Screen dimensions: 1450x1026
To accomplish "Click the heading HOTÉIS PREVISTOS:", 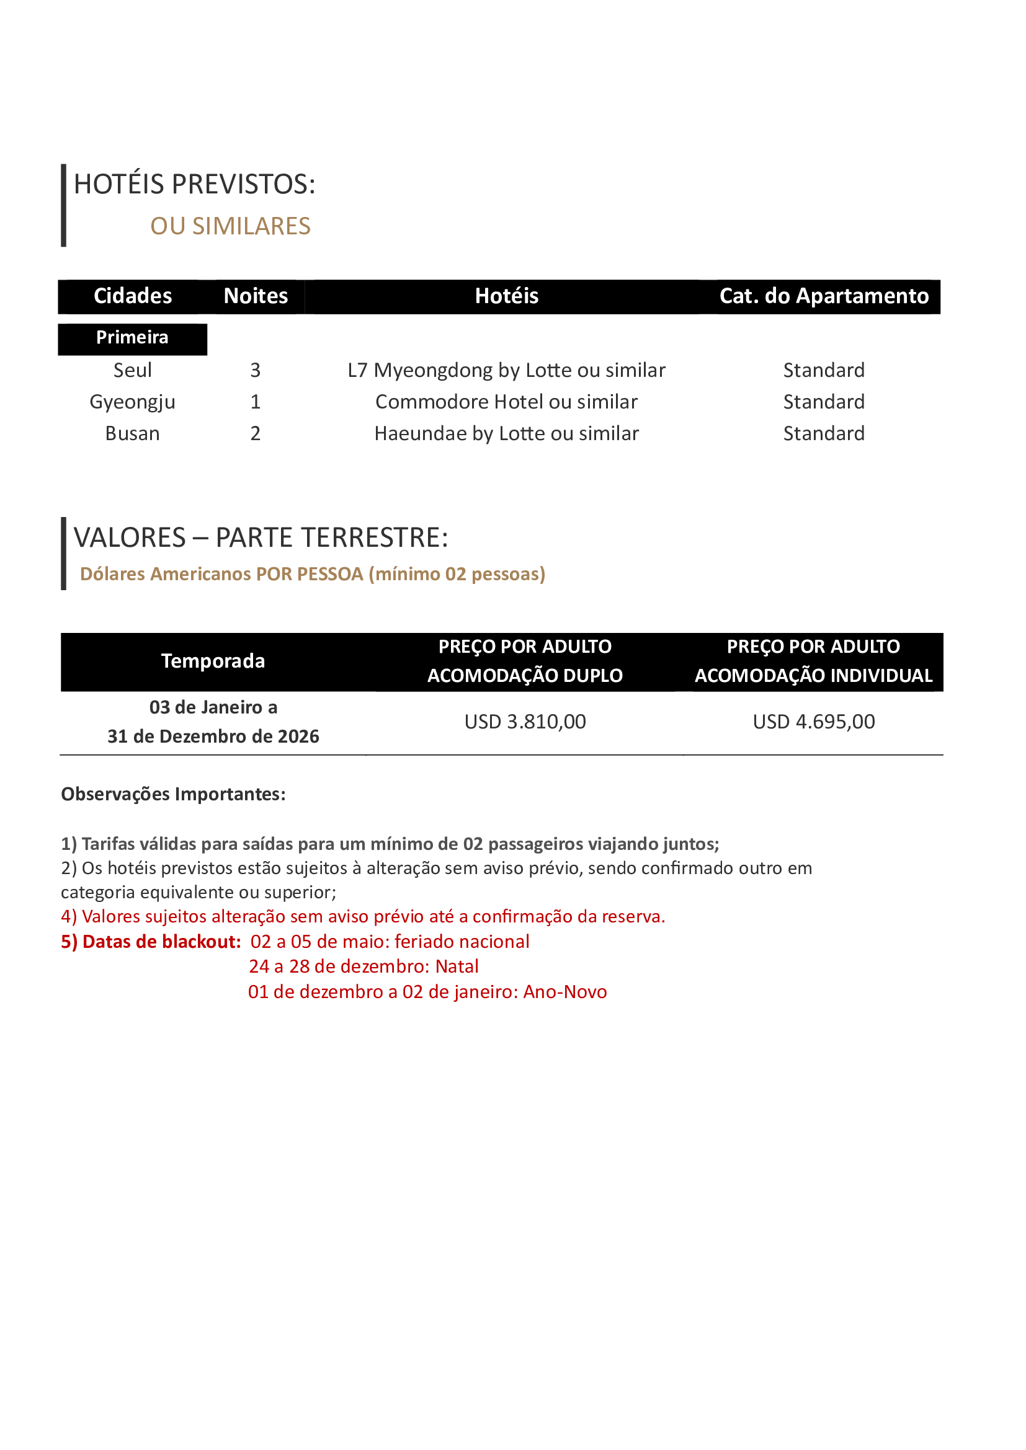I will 195,184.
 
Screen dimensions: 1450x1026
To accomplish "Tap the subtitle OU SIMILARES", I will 230,226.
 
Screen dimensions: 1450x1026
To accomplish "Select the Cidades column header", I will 133,296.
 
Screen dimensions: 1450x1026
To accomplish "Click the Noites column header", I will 255,296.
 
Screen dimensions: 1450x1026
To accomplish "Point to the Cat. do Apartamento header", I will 824,296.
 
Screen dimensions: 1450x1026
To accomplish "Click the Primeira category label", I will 132,338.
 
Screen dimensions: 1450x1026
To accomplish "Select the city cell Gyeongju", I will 133,402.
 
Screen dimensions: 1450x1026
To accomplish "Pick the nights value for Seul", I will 255,370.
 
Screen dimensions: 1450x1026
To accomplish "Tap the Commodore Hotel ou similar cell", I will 506,402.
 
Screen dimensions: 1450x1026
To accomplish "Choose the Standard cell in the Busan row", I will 824,434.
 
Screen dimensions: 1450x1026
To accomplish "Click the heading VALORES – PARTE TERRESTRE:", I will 261,538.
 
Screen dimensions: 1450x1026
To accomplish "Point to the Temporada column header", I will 213,661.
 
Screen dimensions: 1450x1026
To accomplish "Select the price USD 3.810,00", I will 525,722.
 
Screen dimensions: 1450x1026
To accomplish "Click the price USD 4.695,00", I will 814,722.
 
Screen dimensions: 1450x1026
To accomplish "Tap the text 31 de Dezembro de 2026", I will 213,736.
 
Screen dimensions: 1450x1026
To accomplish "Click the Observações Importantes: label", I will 173,795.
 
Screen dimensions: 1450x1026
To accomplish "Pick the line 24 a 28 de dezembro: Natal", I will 364,967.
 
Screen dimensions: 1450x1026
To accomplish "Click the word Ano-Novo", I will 565,992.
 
